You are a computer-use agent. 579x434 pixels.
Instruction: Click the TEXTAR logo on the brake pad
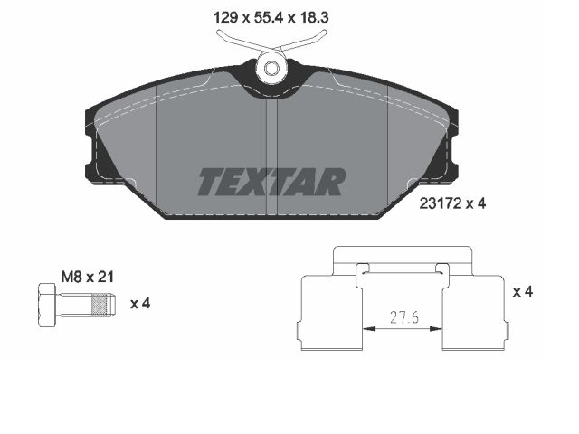pyautogui.click(x=271, y=182)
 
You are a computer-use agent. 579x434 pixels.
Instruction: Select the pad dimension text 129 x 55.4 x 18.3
pyautogui.click(x=271, y=17)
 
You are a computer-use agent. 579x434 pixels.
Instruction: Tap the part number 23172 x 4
pyautogui.click(x=452, y=203)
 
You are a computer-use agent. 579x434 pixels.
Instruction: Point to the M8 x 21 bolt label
pyautogui.click(x=88, y=277)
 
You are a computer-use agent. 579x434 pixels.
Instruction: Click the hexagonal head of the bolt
pyautogui.click(x=47, y=305)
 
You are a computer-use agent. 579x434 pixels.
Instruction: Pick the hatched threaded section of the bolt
pyautogui.click(x=100, y=305)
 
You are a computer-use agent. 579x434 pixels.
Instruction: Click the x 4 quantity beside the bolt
pyautogui.click(x=140, y=304)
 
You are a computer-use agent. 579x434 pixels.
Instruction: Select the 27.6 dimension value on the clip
pyautogui.click(x=404, y=317)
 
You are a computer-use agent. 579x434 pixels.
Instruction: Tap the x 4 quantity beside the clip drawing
pyautogui.click(x=523, y=292)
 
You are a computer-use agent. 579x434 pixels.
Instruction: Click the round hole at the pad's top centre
pyautogui.click(x=271, y=69)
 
